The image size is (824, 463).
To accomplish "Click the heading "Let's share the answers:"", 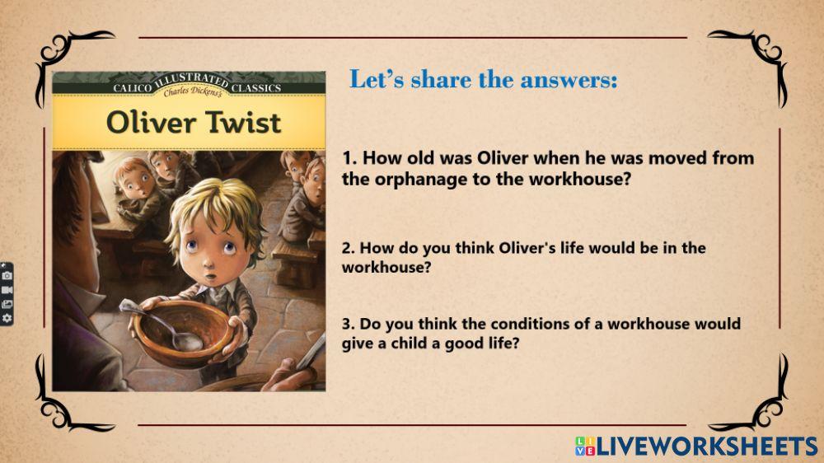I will coord(484,80).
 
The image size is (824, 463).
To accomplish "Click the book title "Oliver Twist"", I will coord(194,123).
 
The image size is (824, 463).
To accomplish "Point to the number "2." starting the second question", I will coord(349,248).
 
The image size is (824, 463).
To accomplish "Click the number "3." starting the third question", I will coord(349,324).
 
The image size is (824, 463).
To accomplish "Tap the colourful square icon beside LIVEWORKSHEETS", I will coord(584,447).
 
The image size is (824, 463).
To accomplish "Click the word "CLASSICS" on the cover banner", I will coord(255,87).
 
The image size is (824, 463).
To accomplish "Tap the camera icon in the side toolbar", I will coord(7,275).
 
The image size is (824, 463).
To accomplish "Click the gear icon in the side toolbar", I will coord(7,318).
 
